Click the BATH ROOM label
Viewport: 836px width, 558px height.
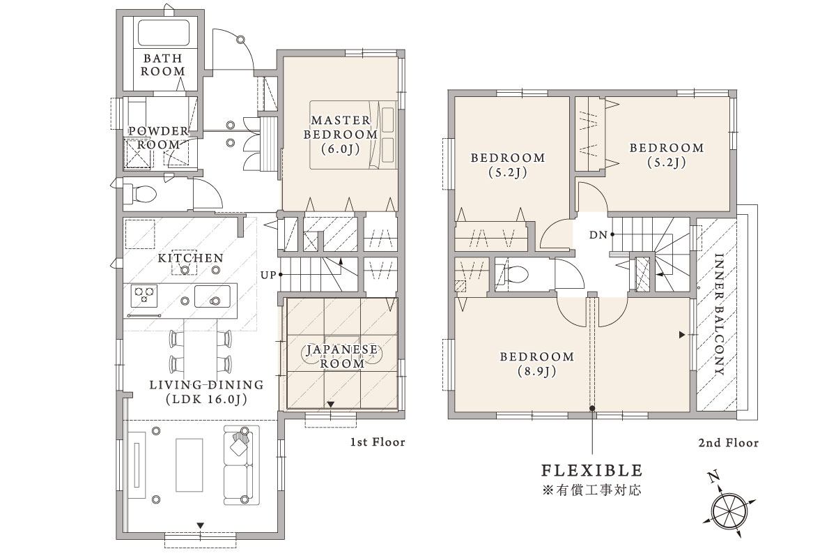point(163,65)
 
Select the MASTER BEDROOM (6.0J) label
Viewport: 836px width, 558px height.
point(341,135)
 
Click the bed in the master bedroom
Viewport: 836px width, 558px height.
point(353,135)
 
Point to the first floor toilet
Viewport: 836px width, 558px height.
point(140,194)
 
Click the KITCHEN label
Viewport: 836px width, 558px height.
point(191,258)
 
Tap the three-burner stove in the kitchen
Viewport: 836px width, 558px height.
point(144,296)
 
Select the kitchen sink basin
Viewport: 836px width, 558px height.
point(212,296)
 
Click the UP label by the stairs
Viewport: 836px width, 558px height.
point(268,275)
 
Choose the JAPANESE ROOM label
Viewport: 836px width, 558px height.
point(342,356)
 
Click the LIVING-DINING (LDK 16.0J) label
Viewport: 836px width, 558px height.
point(207,393)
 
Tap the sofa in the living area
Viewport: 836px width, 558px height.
point(242,466)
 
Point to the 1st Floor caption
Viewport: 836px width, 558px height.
point(378,442)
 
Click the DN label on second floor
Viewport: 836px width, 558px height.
point(598,235)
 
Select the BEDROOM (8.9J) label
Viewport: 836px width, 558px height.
point(537,363)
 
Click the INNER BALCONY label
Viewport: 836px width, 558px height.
point(719,315)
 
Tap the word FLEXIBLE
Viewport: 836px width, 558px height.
point(592,470)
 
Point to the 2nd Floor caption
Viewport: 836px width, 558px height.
point(729,443)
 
